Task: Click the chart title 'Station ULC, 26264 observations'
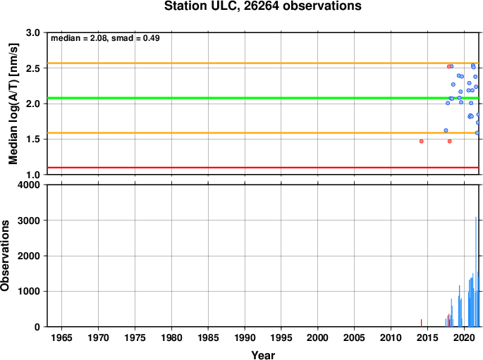pos(263,6)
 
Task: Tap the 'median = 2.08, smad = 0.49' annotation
pos(105,38)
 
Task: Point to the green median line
pos(263,98)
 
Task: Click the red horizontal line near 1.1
pos(263,168)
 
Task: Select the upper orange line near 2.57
pos(263,63)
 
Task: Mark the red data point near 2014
pos(422,141)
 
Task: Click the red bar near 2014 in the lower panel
pos(422,323)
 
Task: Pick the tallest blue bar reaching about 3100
pos(476,272)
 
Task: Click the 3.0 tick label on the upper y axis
pos(33,32)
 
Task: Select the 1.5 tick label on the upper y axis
pos(33,139)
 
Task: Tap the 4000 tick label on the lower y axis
pos(29,185)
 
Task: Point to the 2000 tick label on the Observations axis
pos(29,256)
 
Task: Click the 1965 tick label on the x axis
pos(61,337)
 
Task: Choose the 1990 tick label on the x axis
pos(245,337)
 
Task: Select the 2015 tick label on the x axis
pos(427,337)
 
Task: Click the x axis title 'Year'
pos(263,355)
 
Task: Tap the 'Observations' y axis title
pos(5,256)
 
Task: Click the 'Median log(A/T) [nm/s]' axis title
pos(13,104)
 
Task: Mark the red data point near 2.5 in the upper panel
pos(449,66)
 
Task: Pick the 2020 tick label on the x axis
pos(464,337)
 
